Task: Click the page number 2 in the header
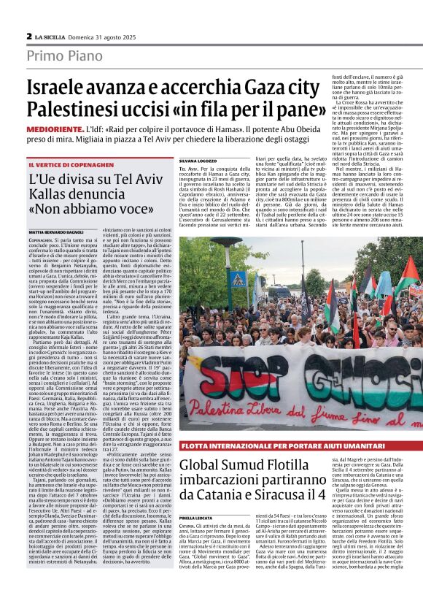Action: [29, 36]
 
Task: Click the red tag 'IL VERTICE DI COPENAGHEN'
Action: [66, 165]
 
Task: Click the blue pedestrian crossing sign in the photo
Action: [237, 278]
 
